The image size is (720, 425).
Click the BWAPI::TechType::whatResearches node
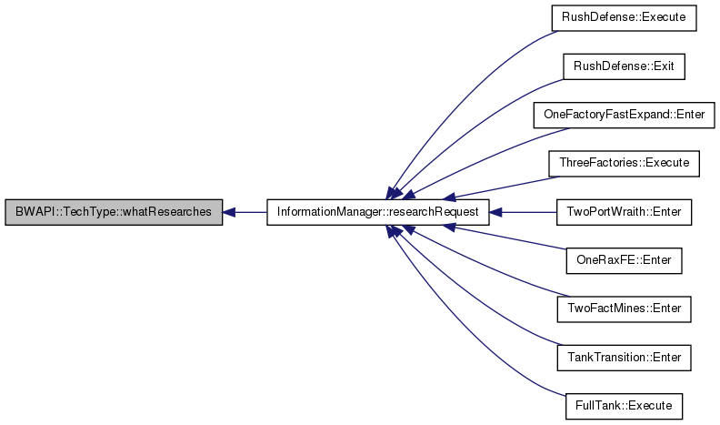tap(114, 212)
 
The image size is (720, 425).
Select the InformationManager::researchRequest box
tap(378, 212)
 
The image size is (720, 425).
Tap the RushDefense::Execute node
tap(624, 18)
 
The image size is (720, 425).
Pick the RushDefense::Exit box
tap(624, 66)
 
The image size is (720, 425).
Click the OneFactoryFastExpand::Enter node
tap(624, 115)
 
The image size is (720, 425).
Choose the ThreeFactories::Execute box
tap(624, 164)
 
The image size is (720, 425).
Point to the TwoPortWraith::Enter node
tap(624, 212)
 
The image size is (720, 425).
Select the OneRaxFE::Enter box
tap(624, 260)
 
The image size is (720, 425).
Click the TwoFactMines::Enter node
tap(624, 309)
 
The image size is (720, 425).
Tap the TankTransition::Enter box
tap(624, 358)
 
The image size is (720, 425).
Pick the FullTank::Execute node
tap(624, 406)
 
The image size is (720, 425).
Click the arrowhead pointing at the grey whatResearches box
tap(229, 212)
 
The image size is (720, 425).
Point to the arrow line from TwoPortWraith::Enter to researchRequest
tap(523, 212)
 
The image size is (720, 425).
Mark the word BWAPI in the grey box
tap(30, 212)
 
